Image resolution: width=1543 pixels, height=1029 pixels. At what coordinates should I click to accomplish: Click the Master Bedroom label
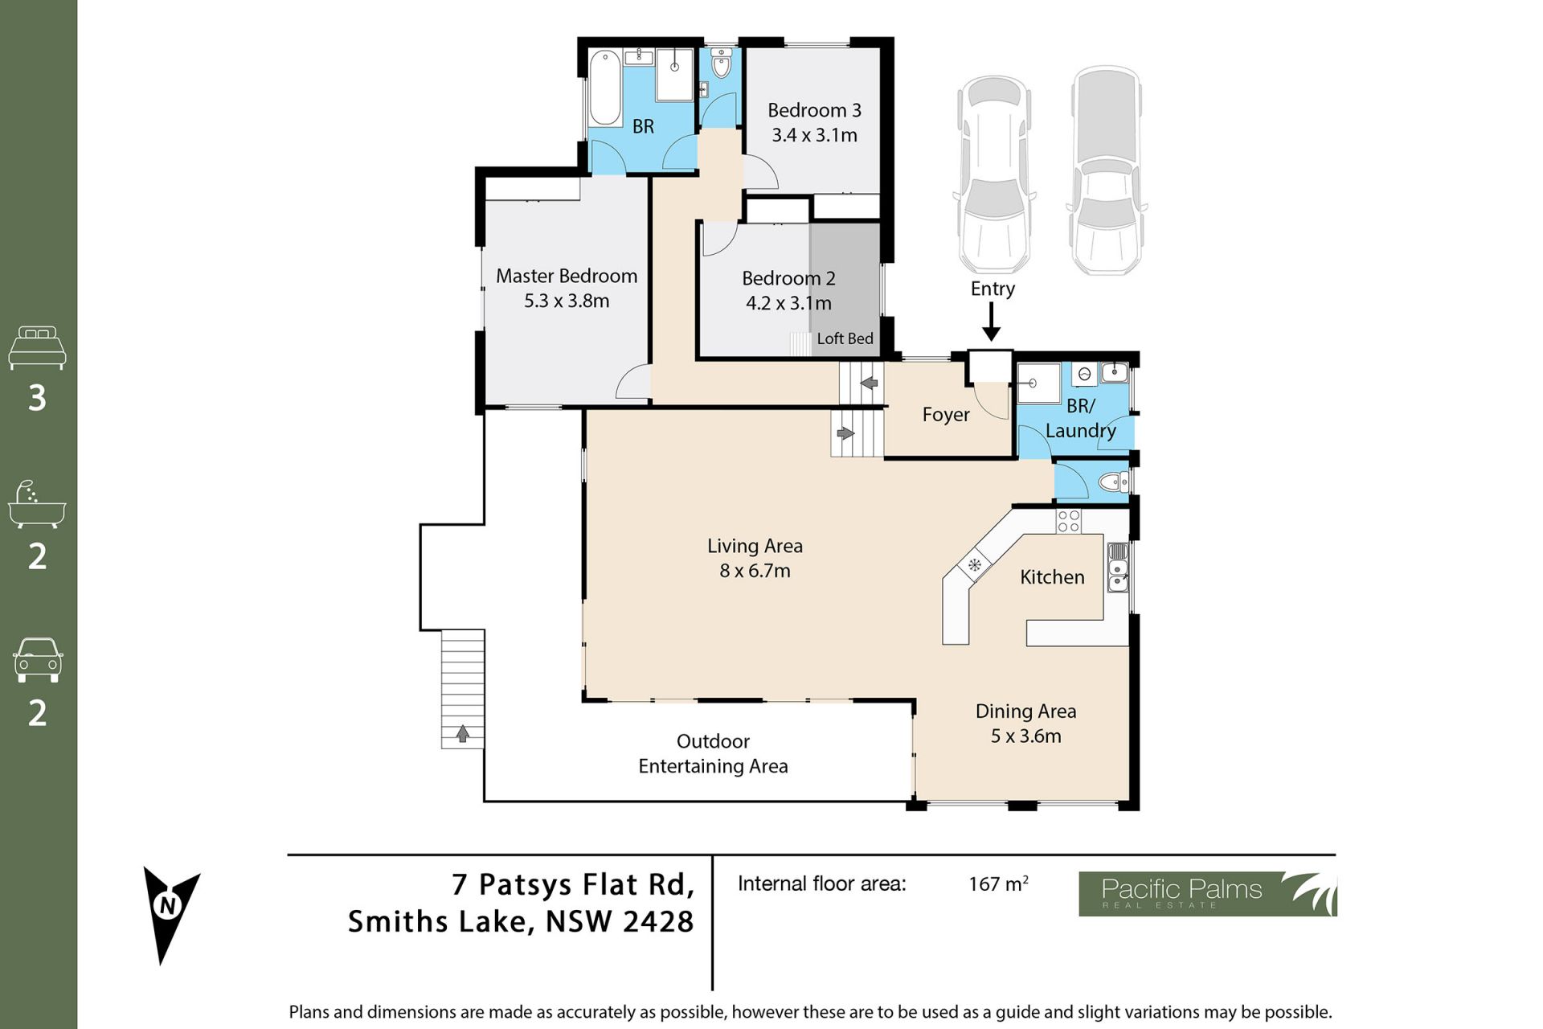pyautogui.click(x=567, y=276)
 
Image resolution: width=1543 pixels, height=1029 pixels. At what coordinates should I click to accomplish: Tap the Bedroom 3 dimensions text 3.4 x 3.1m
pyautogui.click(x=814, y=135)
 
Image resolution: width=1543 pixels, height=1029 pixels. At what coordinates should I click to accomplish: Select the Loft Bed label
pyautogui.click(x=845, y=338)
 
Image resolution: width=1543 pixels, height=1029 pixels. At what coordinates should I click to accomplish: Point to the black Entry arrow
pyautogui.click(x=992, y=322)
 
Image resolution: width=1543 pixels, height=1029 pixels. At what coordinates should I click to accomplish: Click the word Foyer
pyautogui.click(x=946, y=415)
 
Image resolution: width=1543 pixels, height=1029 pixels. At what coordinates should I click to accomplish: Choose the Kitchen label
pyautogui.click(x=1052, y=577)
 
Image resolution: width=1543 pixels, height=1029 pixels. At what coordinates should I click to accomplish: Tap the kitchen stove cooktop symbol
pyautogui.click(x=1068, y=521)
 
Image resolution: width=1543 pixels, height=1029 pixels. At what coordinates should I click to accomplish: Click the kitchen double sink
pyautogui.click(x=1118, y=568)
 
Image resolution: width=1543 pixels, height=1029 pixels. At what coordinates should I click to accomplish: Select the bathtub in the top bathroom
pyautogui.click(x=604, y=88)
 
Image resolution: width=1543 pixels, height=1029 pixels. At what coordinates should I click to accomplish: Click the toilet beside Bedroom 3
pyautogui.click(x=721, y=64)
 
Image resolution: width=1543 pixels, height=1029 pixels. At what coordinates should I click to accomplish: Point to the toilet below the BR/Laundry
pyautogui.click(x=1114, y=482)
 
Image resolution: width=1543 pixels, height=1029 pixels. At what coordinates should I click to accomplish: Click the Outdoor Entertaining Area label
pyautogui.click(x=713, y=753)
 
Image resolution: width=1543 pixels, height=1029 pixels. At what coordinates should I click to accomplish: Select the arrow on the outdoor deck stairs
pyautogui.click(x=463, y=733)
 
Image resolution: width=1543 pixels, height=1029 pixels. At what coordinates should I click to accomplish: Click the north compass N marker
pyautogui.click(x=169, y=906)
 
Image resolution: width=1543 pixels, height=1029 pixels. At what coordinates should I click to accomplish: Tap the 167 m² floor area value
pyautogui.click(x=998, y=883)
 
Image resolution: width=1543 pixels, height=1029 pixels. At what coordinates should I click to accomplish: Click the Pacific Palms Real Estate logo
pyautogui.click(x=1208, y=894)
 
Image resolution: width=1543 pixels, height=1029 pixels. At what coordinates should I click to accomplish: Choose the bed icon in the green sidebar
pyautogui.click(x=37, y=347)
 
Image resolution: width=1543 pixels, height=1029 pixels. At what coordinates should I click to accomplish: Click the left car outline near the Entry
pyautogui.click(x=994, y=174)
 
